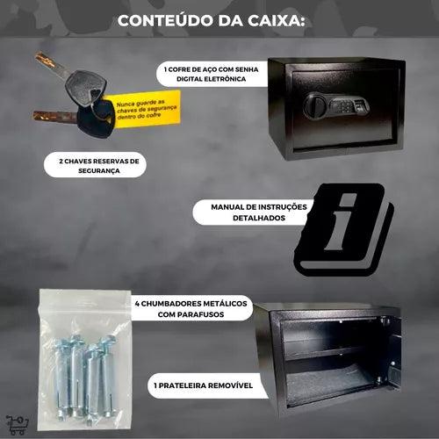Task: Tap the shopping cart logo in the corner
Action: pyautogui.click(x=15, y=425)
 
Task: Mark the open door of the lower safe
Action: pyautogui.click(x=392, y=351)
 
